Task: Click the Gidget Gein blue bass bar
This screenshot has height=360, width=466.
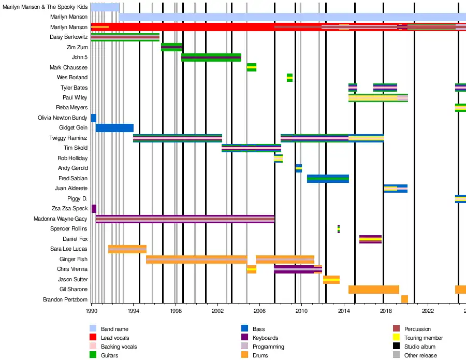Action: [114, 128]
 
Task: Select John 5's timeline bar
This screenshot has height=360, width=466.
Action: [211, 57]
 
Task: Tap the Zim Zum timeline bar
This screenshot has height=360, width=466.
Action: [171, 47]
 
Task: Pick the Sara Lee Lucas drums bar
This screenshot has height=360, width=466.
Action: [127, 249]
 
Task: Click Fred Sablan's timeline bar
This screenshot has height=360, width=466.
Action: [328, 179]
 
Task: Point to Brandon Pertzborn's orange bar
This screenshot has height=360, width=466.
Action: [404, 299]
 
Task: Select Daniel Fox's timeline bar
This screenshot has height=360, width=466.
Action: [370, 239]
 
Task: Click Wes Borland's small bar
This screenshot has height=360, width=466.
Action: [289, 78]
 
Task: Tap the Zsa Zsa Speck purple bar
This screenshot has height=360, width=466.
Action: [94, 209]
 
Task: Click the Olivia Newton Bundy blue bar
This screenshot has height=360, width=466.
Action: [94, 118]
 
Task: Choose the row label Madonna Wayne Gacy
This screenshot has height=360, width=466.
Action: [61, 219]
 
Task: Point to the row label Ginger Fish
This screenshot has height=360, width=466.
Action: [74, 259]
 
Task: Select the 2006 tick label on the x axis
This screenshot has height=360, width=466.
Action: [260, 311]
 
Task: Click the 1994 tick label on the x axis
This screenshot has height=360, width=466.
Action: [134, 311]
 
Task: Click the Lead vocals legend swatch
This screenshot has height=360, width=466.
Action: [93, 338]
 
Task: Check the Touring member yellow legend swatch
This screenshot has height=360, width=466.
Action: [396, 338]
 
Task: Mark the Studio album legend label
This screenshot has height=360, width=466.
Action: [419, 347]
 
